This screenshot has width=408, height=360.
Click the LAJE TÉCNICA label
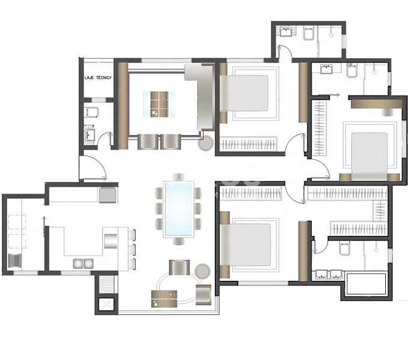98,77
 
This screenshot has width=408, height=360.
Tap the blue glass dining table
179,209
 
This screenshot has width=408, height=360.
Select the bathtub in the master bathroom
366,284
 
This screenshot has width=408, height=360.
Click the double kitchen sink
83,263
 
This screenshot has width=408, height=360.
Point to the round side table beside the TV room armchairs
206,143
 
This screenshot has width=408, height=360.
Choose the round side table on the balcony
202,271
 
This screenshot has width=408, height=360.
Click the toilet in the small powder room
92,112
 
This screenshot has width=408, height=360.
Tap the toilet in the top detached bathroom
309,34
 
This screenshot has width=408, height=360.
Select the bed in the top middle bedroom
244,93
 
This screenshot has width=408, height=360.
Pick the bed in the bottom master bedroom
245,245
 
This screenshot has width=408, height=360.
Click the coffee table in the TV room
159,104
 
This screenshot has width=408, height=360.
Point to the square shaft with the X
106,304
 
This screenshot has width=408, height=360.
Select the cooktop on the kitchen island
110,241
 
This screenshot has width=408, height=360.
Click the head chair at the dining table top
178,177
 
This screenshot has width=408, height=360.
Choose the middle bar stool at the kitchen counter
132,250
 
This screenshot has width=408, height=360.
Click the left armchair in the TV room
148,142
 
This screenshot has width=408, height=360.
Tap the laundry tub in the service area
15,261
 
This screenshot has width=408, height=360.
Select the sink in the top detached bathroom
286,31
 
